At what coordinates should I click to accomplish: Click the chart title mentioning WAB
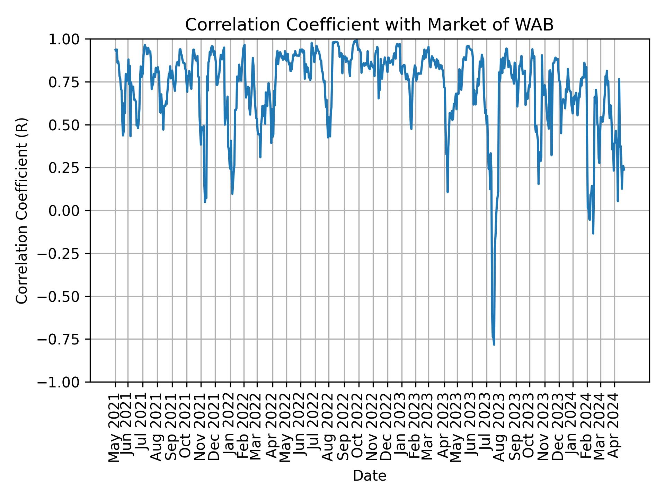pyautogui.click(x=369, y=25)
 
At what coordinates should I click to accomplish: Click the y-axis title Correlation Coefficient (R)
pyautogui.click(x=22, y=210)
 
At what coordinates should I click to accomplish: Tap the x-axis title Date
pyautogui.click(x=369, y=476)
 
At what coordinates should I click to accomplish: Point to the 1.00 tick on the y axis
pyautogui.click(x=69, y=39)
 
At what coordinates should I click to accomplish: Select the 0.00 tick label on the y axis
pyautogui.click(x=69, y=211)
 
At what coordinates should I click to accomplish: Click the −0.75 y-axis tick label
pyautogui.click(x=64, y=339)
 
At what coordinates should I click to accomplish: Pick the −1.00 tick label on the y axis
pyautogui.click(x=64, y=382)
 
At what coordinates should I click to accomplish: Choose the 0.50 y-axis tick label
pyautogui.click(x=69, y=125)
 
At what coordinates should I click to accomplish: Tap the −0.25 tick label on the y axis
pyautogui.click(x=64, y=254)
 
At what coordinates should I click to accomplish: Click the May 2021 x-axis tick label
pyautogui.click(x=115, y=428)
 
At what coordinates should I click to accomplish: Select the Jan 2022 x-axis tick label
pyautogui.click(x=230, y=428)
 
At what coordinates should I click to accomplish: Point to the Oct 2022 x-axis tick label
pyautogui.click(x=358, y=428)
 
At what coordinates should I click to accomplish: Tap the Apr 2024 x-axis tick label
pyautogui.click(x=614, y=428)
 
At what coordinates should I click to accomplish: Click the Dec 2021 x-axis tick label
pyautogui.click(x=215, y=428)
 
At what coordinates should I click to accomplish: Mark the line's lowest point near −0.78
pyautogui.click(x=494, y=344)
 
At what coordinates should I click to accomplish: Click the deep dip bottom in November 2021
pyautogui.click(x=205, y=202)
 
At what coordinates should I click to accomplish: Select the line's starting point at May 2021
pyautogui.click(x=115, y=50)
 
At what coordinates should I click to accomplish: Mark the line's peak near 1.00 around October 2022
pyautogui.click(x=356, y=40)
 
